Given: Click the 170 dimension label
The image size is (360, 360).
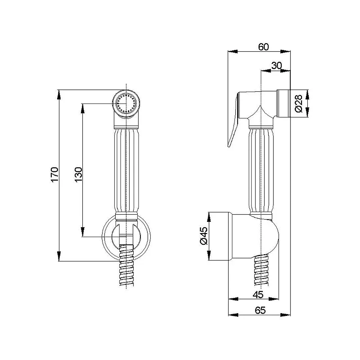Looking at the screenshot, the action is tap(54, 175).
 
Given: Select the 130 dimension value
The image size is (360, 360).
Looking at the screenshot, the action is tap(78, 175).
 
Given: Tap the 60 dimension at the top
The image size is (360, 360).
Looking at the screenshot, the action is tap(263, 47).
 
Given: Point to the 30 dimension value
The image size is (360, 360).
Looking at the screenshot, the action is tap(276, 66).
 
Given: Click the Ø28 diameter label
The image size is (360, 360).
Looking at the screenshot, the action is tap(298, 103).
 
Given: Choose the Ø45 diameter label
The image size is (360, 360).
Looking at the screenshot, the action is tap(203, 236).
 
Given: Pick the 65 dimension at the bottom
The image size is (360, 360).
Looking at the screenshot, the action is tap(260, 310).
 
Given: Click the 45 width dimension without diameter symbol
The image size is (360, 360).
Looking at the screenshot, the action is tap(258, 294).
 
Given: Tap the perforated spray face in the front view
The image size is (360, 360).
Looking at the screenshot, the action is tap(126, 103).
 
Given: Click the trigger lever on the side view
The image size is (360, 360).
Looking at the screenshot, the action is tap(234, 119).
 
